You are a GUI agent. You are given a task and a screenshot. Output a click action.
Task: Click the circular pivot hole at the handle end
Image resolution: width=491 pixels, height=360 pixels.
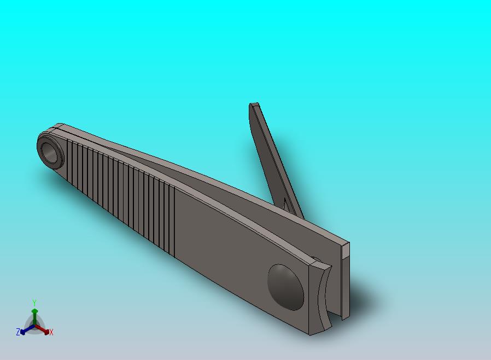(49, 153)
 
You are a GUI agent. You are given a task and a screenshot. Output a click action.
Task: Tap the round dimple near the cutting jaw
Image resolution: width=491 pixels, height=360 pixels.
(285, 287)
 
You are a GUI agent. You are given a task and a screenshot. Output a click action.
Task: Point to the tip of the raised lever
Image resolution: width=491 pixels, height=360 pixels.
(254, 104)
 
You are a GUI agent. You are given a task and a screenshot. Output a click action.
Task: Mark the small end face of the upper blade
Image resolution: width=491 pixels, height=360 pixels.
(346, 249)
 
